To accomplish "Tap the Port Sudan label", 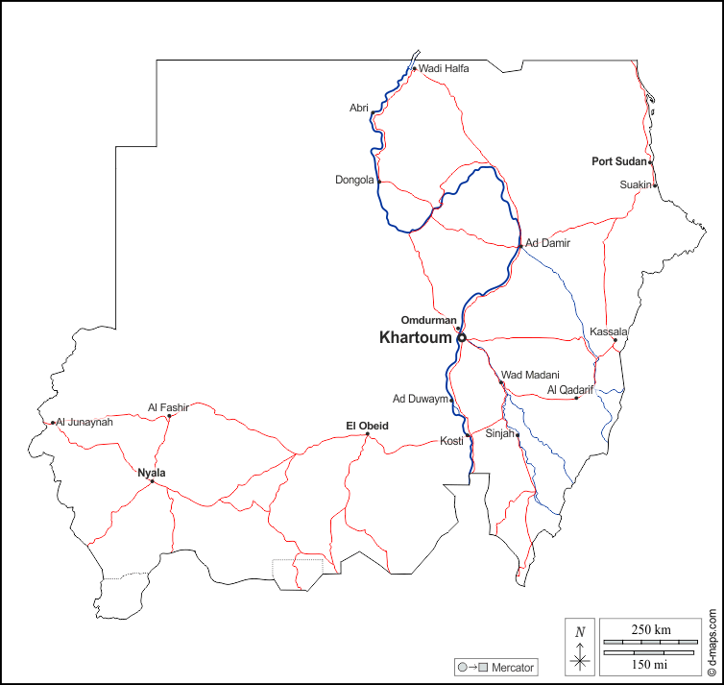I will point(619,161).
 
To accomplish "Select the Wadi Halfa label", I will point(444,68).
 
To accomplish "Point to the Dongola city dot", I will point(379,182).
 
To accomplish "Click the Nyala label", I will point(152,473).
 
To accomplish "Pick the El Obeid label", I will point(367,425).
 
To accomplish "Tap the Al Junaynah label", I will point(84,422).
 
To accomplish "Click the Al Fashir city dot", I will point(169,416).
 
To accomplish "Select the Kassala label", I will point(609,331).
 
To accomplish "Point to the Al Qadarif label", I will point(570,390).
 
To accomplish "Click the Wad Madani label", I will point(530,375).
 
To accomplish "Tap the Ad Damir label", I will point(547,243).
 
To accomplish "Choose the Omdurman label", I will point(428,320).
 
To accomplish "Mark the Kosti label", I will point(451,441).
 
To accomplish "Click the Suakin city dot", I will point(655,184).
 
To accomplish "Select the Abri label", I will point(359,108).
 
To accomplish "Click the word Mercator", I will point(513,667).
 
